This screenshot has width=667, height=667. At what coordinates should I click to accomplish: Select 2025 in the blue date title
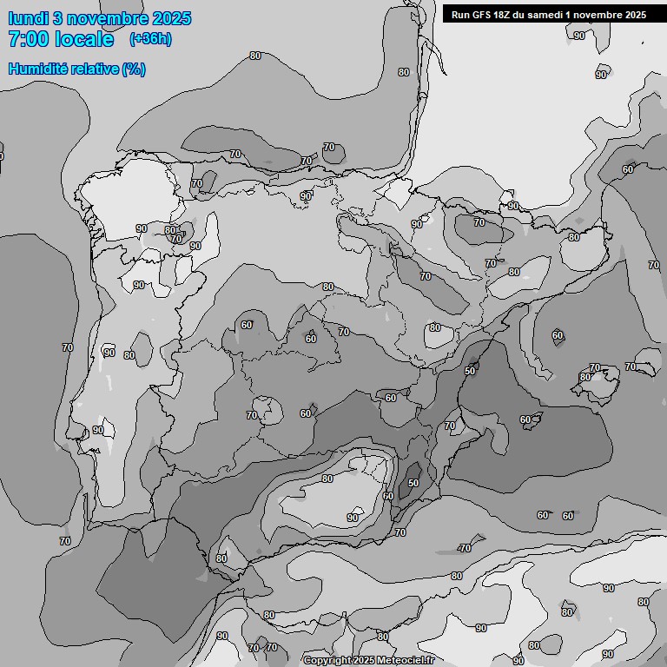click(170, 18)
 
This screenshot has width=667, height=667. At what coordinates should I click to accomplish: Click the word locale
click(84, 39)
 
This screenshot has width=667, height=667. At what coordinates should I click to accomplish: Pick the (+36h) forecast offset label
click(149, 39)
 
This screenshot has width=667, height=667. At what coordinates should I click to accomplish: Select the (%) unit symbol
click(134, 69)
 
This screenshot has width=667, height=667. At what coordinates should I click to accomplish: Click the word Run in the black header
click(460, 14)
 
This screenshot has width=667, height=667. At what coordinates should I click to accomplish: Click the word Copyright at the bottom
click(327, 661)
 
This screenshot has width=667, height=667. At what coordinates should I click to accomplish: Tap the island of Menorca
click(644, 366)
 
